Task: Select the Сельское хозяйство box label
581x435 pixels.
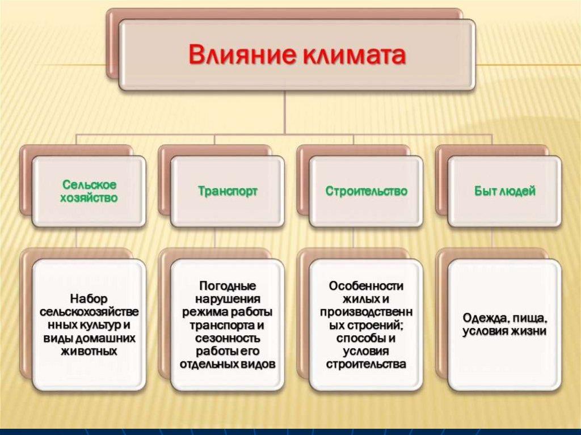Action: pyautogui.click(x=90, y=192)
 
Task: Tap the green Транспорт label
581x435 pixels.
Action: pyautogui.click(x=228, y=191)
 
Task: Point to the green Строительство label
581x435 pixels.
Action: pyautogui.click(x=367, y=191)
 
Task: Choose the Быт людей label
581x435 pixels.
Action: pyautogui.click(x=505, y=191)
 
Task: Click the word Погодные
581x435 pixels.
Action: pyautogui.click(x=228, y=285)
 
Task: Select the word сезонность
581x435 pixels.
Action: pyautogui.click(x=228, y=338)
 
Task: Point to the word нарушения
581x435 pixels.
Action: pyautogui.click(x=228, y=298)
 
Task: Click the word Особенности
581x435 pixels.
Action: pyautogui.click(x=366, y=285)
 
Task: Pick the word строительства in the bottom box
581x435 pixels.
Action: pyautogui.click(x=366, y=364)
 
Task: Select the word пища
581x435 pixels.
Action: pyautogui.click(x=529, y=318)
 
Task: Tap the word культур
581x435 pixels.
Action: pyautogui.click(x=96, y=325)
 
